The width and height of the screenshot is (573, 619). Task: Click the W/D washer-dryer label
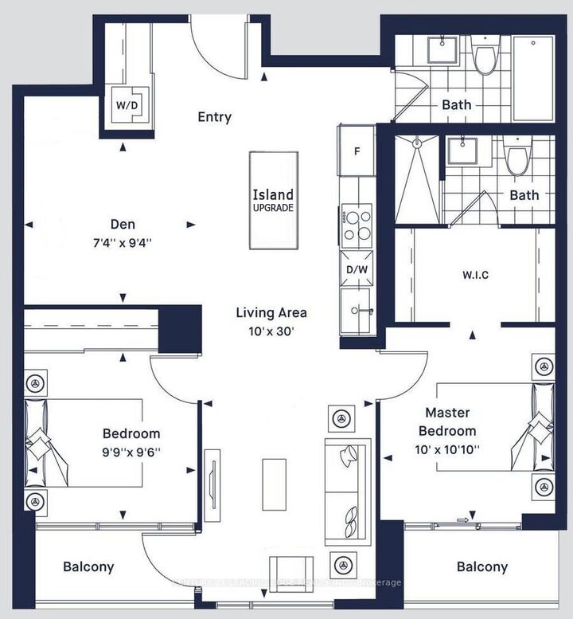click(125, 104)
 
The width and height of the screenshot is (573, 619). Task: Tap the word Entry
click(214, 117)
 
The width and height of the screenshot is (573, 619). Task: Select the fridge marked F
click(357, 150)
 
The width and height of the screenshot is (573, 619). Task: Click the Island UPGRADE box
click(273, 200)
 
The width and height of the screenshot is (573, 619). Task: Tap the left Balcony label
click(88, 567)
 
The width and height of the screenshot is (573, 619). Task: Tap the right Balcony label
click(481, 566)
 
